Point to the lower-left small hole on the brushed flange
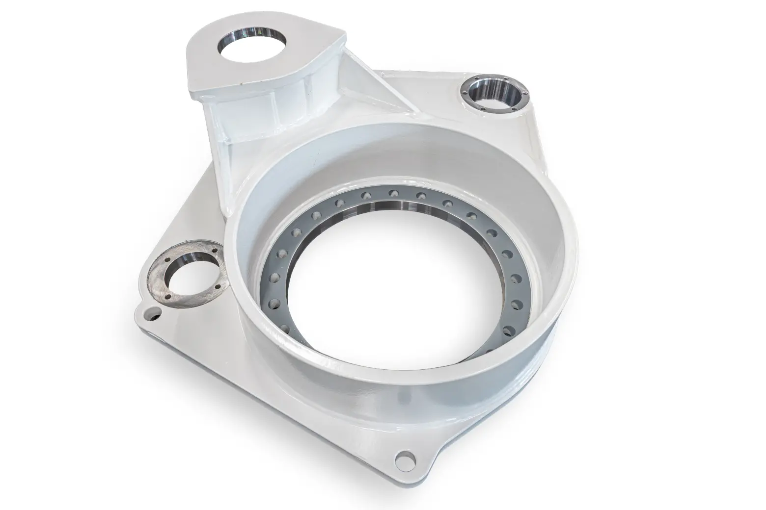pyautogui.click(x=167, y=297)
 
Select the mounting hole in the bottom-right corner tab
pyautogui.click(x=406, y=458)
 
